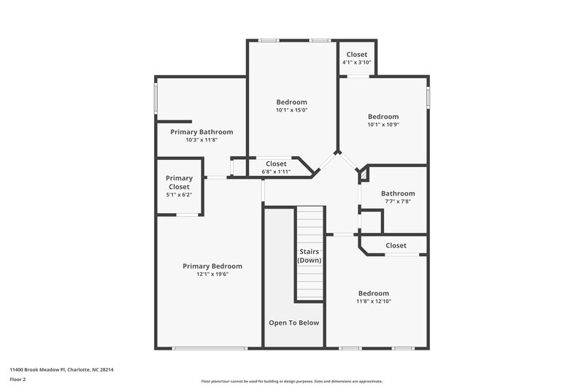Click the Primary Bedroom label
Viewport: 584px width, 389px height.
[212, 266]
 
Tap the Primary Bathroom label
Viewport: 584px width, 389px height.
[201, 132]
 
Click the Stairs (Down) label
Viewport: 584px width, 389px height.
[310, 255]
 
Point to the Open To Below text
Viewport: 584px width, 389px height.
[293, 323]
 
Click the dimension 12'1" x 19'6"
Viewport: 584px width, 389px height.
[212, 274]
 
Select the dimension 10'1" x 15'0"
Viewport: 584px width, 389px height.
[291, 110]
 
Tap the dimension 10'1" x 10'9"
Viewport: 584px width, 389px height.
[383, 125]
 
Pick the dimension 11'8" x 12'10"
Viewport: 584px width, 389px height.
[372, 301]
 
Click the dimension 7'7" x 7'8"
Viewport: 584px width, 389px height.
[397, 201]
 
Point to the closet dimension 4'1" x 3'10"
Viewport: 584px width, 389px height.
[357, 63]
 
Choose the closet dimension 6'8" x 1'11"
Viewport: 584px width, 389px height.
[276, 172]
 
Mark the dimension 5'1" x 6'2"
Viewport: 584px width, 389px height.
[179, 196]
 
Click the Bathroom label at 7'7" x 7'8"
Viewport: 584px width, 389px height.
[397, 193]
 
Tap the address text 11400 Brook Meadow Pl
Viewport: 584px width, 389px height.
[61, 369]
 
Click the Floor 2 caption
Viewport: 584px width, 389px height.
[18, 380]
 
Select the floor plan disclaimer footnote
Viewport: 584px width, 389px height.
[291, 381]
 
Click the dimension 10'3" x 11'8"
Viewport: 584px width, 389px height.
[201, 140]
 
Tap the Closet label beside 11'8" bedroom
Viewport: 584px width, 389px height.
[396, 245]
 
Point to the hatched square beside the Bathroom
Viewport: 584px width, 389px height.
[361, 176]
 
